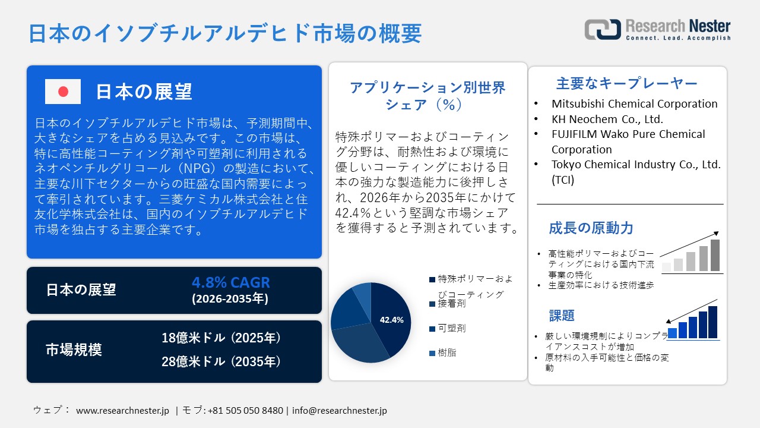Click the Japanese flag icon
click(x=63, y=92)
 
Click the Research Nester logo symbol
click(x=603, y=29)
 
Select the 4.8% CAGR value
click(x=230, y=282)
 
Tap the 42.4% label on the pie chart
click(x=391, y=320)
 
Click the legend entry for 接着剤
click(x=448, y=304)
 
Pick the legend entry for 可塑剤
click(x=448, y=328)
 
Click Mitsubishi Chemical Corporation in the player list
click(x=634, y=104)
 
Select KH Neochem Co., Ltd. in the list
click(x=607, y=119)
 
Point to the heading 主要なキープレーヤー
click(x=626, y=83)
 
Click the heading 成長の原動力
click(x=591, y=228)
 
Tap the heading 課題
click(x=561, y=315)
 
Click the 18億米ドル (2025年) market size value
click(x=221, y=338)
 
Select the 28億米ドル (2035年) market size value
click(x=221, y=361)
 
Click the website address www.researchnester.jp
click(x=123, y=410)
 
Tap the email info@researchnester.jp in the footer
click(x=340, y=410)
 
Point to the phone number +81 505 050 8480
click(x=245, y=410)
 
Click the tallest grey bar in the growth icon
click(x=715, y=255)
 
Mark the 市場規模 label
click(x=74, y=350)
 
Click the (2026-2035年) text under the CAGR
click(x=230, y=299)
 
